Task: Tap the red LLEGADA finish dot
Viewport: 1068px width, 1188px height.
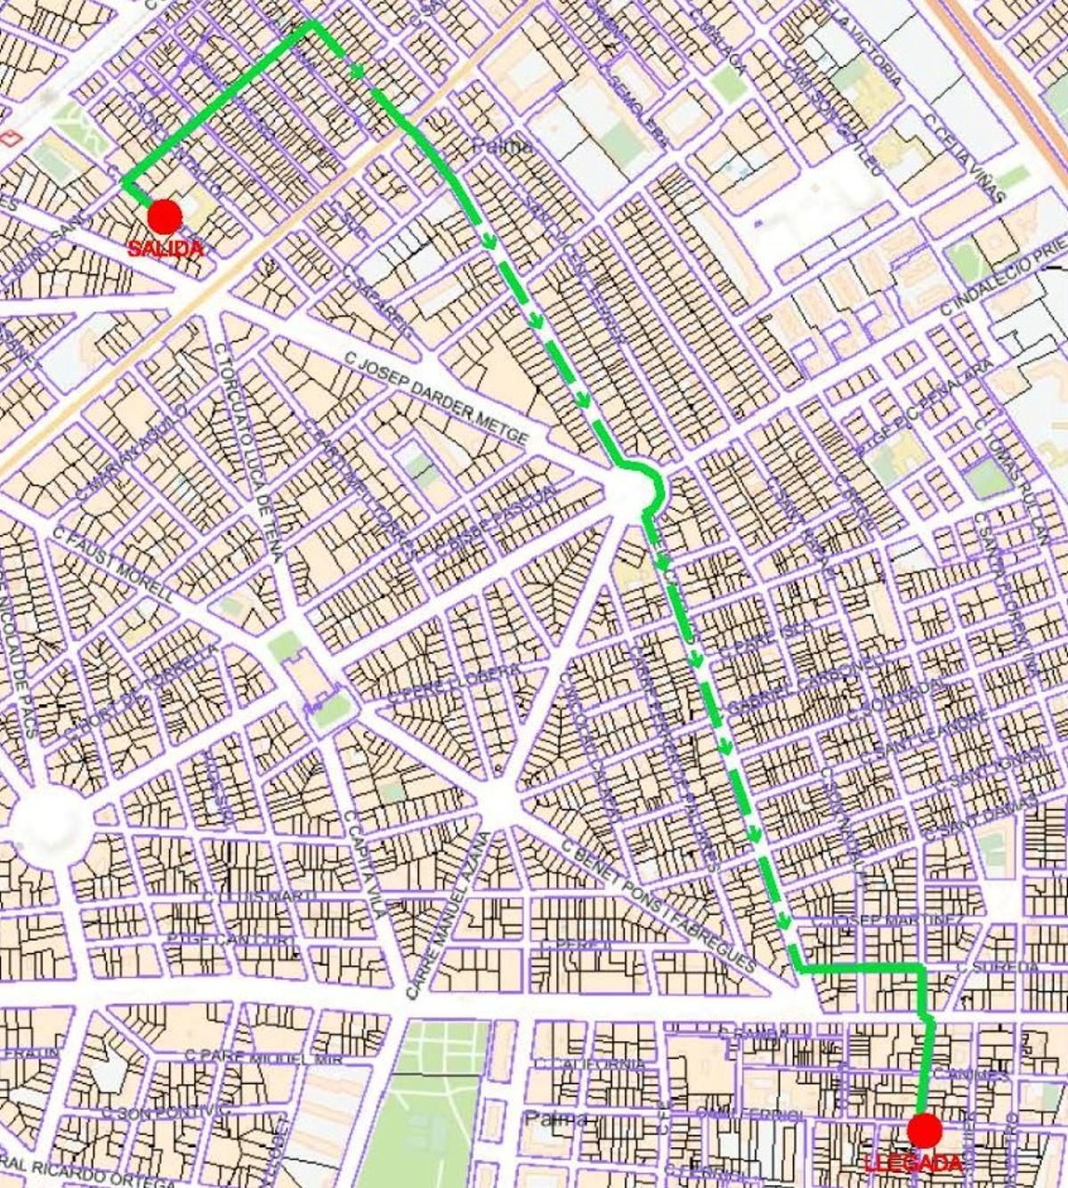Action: (925, 1131)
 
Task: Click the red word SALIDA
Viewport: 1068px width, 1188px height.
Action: (166, 249)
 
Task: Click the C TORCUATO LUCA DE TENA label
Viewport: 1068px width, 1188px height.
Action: (248, 452)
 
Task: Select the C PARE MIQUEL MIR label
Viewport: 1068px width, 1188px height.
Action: (251, 1058)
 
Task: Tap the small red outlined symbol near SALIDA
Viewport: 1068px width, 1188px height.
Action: (11, 138)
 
